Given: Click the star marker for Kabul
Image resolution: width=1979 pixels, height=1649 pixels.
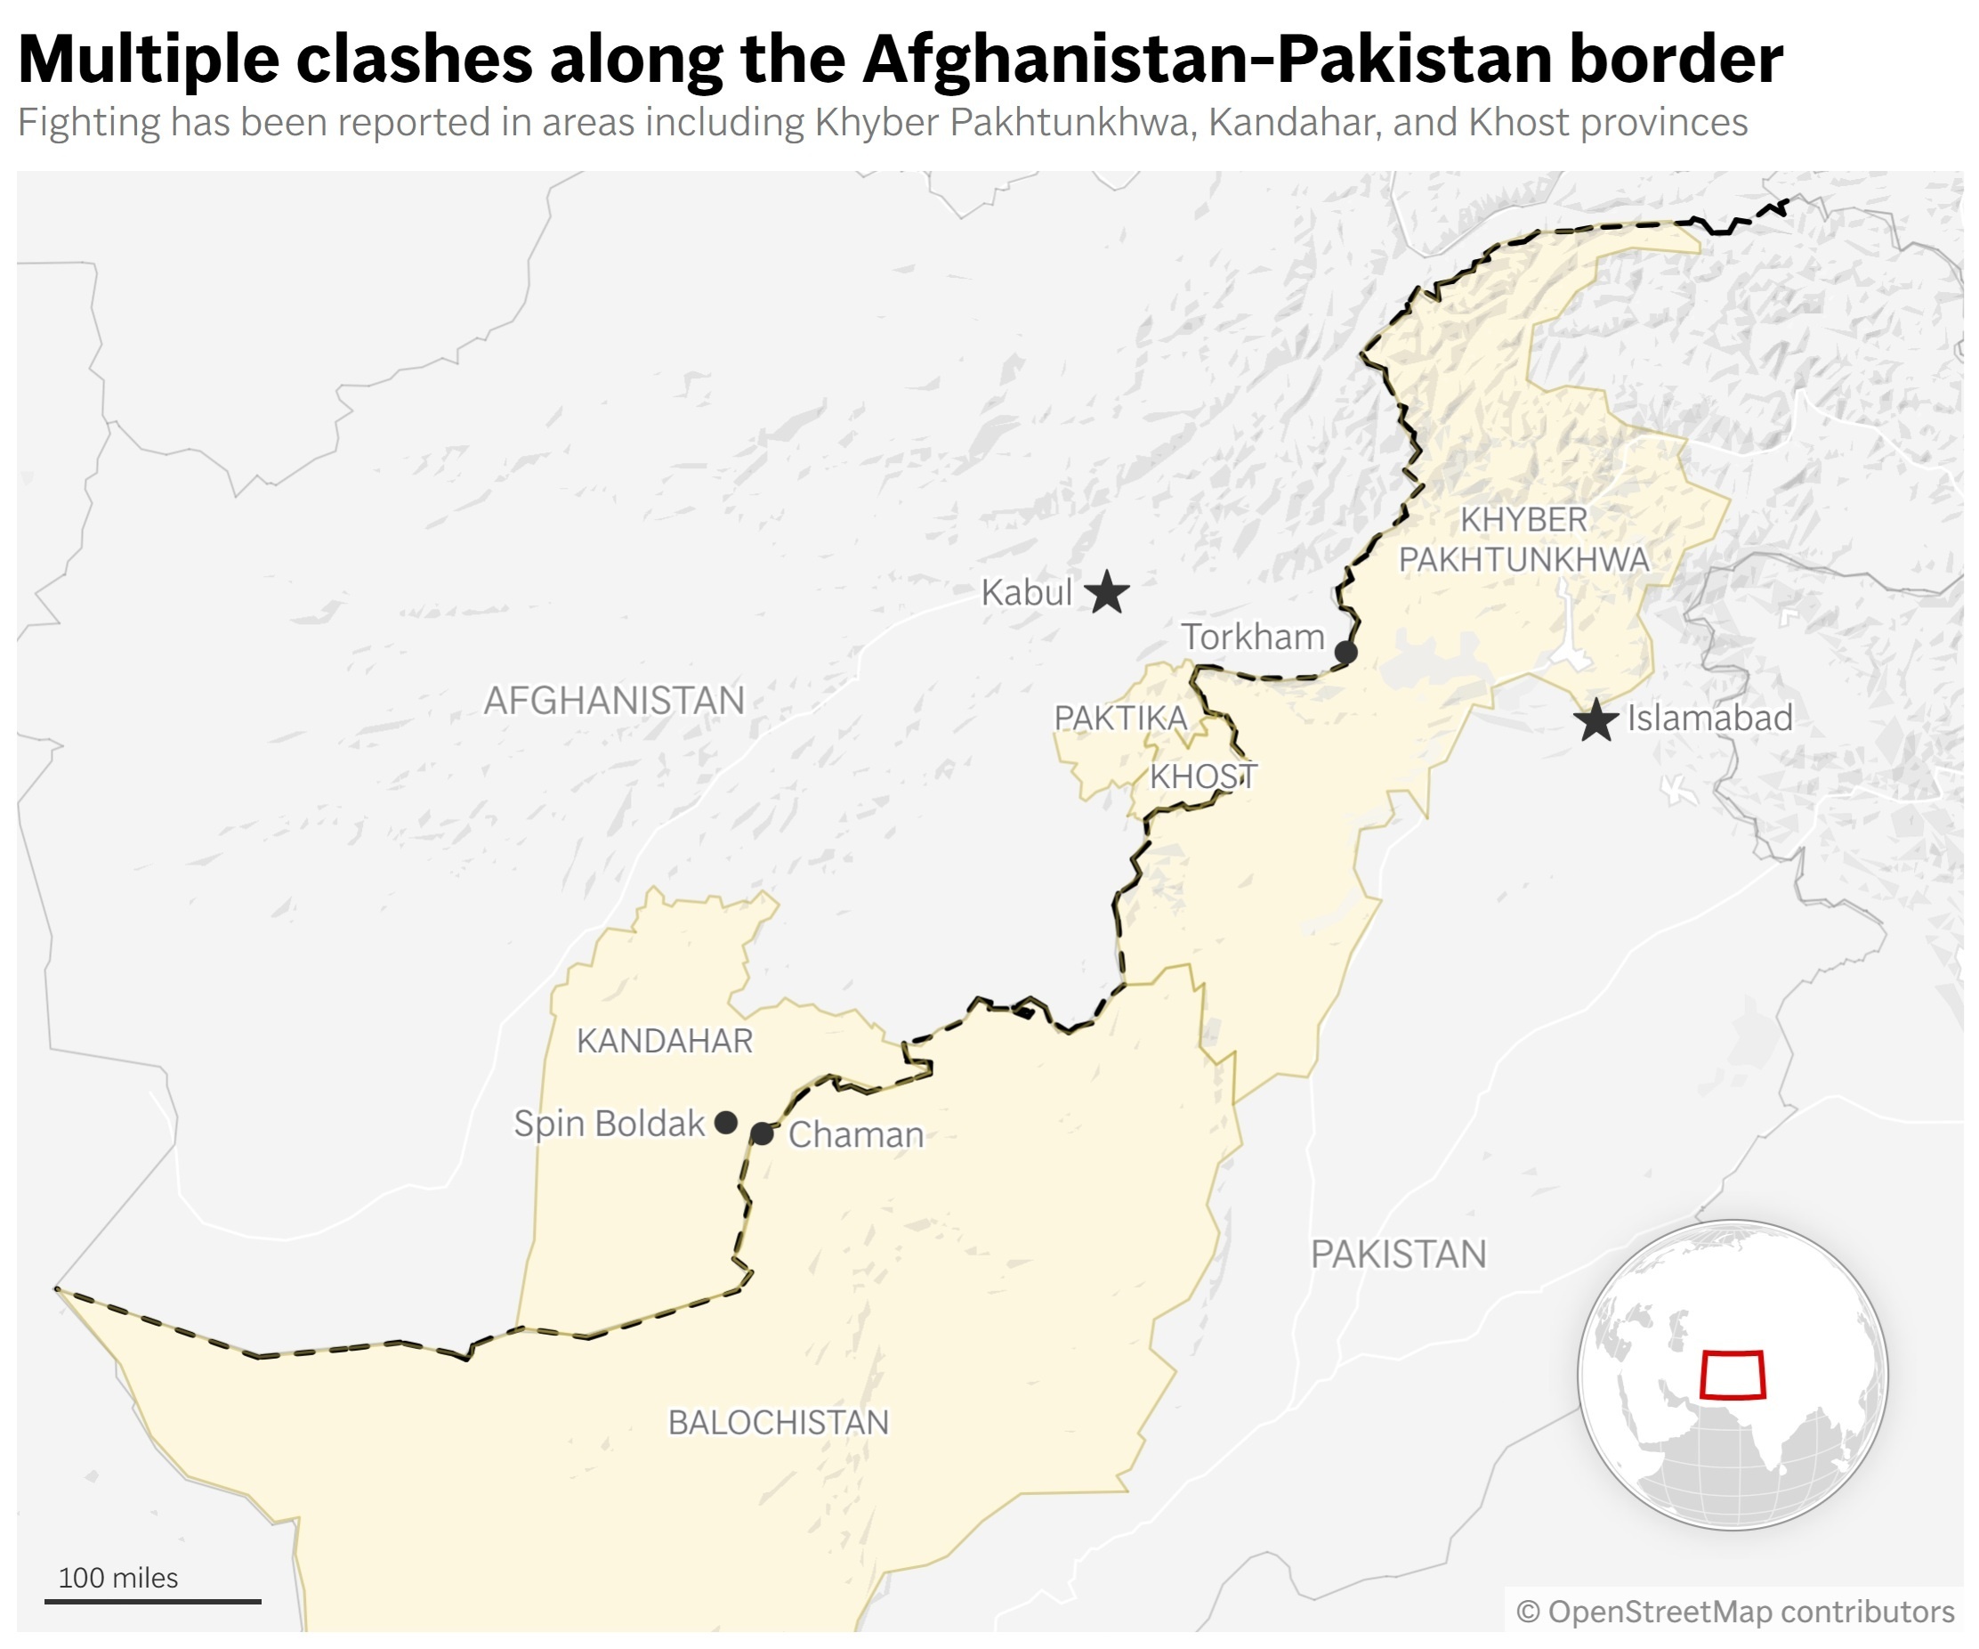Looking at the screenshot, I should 1106,592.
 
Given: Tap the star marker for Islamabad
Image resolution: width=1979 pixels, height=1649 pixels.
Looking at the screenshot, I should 1596,720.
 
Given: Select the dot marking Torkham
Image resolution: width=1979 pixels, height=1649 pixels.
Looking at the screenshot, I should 1345,652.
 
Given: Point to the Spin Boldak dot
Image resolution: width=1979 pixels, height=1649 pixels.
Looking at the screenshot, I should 725,1122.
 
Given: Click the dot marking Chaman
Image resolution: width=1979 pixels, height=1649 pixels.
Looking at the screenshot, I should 763,1134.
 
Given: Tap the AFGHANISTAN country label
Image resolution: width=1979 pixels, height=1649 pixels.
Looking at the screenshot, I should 614,701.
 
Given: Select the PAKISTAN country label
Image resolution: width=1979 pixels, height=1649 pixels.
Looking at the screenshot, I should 1399,1254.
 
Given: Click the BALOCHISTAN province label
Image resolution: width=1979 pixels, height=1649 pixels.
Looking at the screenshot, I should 779,1422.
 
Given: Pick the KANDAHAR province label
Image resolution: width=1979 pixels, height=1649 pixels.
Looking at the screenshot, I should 665,1041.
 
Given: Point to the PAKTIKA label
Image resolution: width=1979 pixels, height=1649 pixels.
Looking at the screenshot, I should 1119,719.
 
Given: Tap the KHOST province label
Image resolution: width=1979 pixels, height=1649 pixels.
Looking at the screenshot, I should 1203,777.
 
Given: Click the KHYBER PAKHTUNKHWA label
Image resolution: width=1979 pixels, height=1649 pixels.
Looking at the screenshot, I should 1523,540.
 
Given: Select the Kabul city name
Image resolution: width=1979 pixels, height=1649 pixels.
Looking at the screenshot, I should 1026,593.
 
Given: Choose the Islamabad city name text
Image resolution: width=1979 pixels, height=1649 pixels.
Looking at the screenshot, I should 1709,719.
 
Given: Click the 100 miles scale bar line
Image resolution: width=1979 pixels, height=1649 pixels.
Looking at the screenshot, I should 153,1601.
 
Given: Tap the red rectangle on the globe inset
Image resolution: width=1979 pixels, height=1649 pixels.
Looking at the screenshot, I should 1733,1376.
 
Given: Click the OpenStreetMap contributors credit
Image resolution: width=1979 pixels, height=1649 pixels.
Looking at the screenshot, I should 1735,1612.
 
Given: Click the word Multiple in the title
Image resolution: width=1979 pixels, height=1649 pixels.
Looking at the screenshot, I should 148,59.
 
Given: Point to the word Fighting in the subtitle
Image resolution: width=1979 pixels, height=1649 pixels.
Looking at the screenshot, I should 89,123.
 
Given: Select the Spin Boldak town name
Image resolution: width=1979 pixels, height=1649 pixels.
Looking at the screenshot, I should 609,1123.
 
